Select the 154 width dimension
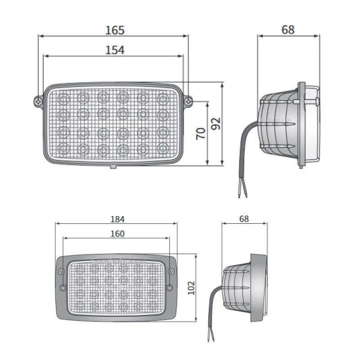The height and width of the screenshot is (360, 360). click(x=114, y=50)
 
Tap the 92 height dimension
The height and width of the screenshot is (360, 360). click(x=217, y=123)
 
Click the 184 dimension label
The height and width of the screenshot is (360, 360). click(x=118, y=219)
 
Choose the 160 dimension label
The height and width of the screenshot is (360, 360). click(x=117, y=233)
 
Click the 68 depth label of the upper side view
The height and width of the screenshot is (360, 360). click(x=288, y=29)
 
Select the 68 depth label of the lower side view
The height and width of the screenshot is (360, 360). click(x=244, y=219)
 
